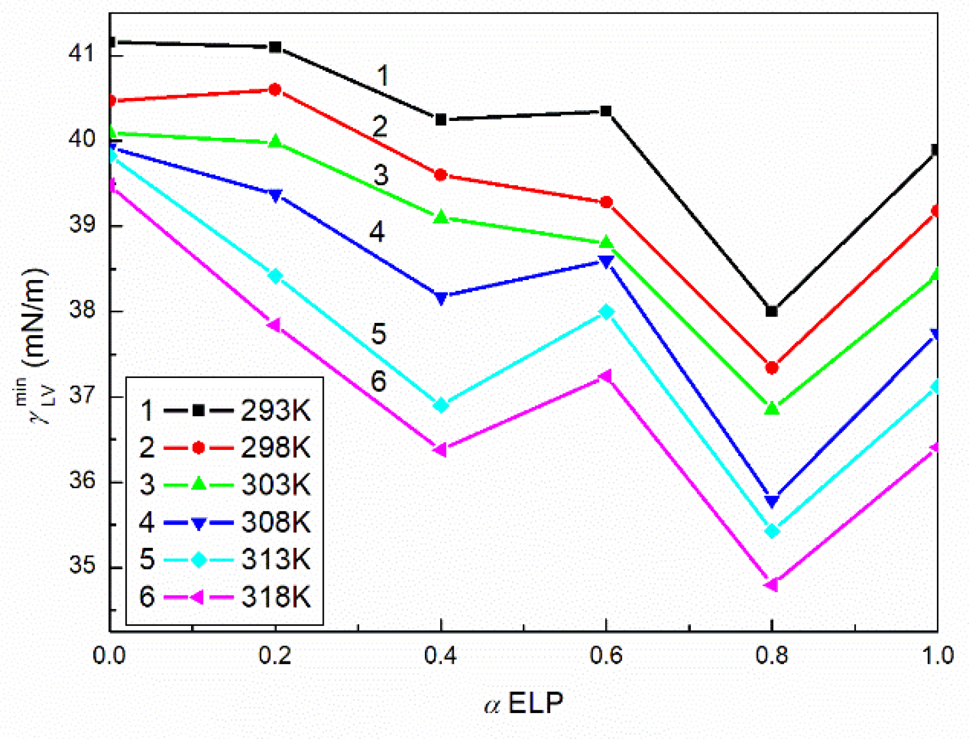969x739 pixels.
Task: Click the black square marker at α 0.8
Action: (x=772, y=311)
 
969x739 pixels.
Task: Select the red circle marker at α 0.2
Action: (x=275, y=89)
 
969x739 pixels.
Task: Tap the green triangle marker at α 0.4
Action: (x=441, y=217)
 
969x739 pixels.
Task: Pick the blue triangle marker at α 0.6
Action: (x=606, y=262)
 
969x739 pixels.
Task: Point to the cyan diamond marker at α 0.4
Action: (x=441, y=405)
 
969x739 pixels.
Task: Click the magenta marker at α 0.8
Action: (x=771, y=585)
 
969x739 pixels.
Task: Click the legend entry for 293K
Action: (x=275, y=411)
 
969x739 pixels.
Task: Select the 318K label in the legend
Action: (x=275, y=597)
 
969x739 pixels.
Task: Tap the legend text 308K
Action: (x=275, y=522)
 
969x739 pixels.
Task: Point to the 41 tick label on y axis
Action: (x=82, y=53)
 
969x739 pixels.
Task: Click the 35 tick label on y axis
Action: (x=82, y=565)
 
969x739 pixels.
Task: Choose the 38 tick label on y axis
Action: (x=82, y=309)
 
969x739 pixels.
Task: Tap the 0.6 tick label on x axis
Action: (x=606, y=655)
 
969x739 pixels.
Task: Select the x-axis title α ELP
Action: (x=524, y=703)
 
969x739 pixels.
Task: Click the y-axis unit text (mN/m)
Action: (x=35, y=318)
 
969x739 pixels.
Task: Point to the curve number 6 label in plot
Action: (x=379, y=381)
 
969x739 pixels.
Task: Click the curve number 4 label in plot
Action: (x=377, y=232)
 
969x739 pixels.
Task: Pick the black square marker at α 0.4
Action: (x=441, y=119)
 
